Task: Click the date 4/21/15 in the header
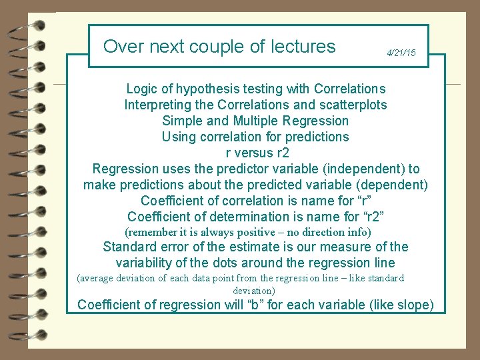pos(401,53)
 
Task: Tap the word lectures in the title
pos(303,47)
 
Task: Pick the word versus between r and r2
pos(250,153)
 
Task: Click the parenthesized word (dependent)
pos(391,184)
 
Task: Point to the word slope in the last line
pos(414,305)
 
